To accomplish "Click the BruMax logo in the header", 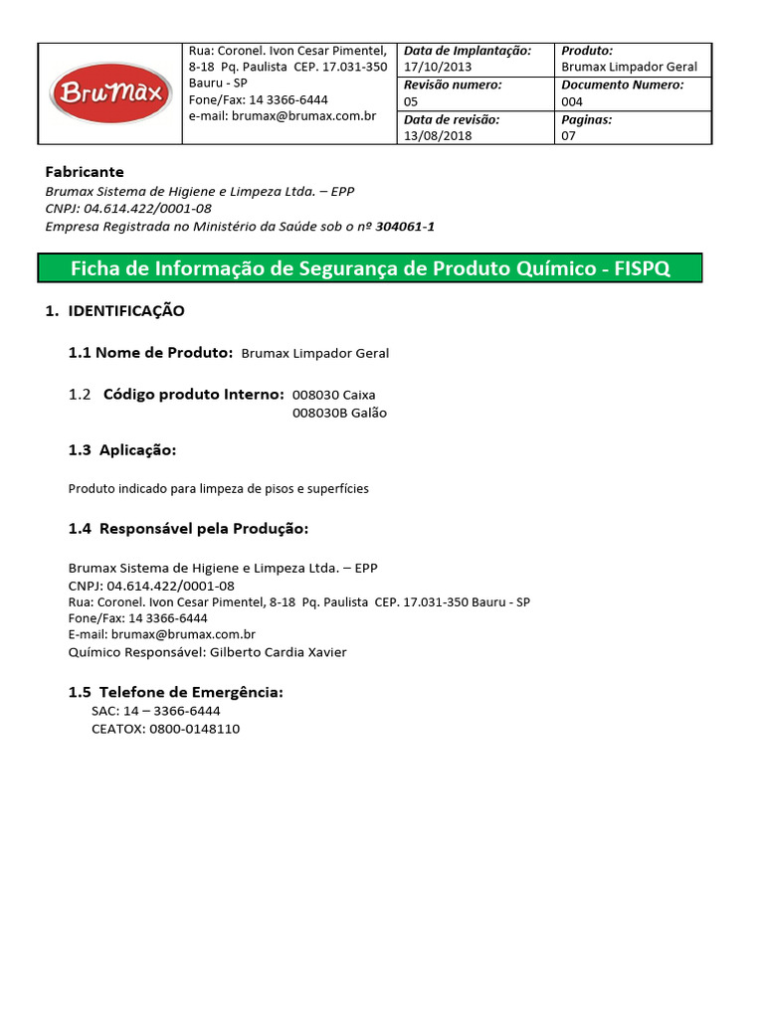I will (110, 94).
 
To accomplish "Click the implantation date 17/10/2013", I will (438, 67).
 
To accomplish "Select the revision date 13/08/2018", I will (438, 136).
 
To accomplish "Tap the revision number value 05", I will (411, 101).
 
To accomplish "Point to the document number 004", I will (572, 101).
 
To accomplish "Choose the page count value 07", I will (569, 136).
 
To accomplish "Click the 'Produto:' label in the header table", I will (587, 51).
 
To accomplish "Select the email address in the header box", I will (283, 116).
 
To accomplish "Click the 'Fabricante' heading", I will (85, 172).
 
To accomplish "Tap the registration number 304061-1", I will (405, 227).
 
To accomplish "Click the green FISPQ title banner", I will (369, 268).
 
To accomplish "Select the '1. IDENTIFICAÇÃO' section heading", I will (115, 311).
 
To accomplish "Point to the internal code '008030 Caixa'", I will (333, 395).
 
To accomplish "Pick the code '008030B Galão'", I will (339, 413).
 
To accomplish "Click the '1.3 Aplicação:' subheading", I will (121, 450).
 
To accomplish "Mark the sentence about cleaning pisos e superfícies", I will (218, 489).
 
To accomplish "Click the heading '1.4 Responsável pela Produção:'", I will (188, 528).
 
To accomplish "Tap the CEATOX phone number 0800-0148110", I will (194, 729).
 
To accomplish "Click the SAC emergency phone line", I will (155, 711).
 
